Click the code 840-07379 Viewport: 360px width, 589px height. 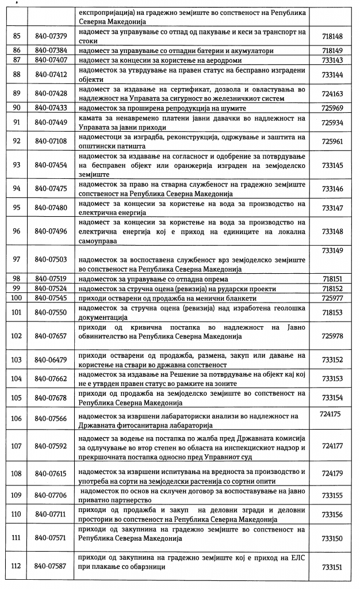(x=51, y=36)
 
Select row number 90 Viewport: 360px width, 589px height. (x=16, y=108)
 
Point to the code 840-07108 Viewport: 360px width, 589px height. (x=51, y=141)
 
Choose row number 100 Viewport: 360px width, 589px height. (x=16, y=298)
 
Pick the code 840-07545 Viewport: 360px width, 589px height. (x=51, y=298)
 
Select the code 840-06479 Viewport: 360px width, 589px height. (x=51, y=359)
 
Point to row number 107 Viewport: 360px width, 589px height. (x=16, y=445)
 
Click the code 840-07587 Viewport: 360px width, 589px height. (x=51, y=566)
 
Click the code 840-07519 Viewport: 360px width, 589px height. (x=51, y=278)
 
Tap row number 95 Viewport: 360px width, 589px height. (x=16, y=207)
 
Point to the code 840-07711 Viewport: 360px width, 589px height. (x=51, y=514)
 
